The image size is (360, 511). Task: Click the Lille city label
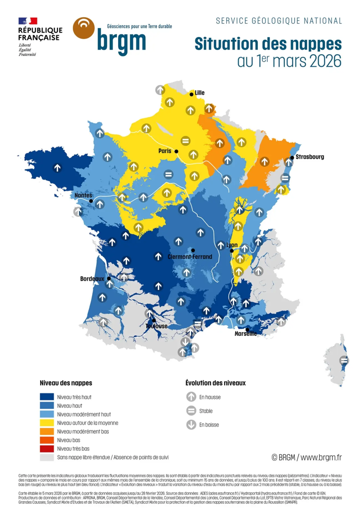click(x=199, y=92)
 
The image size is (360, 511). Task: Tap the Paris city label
click(x=165, y=150)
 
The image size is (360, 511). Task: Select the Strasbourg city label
click(x=309, y=157)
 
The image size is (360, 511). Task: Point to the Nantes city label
click(x=83, y=195)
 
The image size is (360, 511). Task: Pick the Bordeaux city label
click(x=92, y=279)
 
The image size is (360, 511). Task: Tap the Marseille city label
click(x=245, y=333)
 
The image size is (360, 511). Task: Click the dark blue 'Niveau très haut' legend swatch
click(x=47, y=397)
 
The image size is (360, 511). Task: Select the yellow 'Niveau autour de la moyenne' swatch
click(x=47, y=423)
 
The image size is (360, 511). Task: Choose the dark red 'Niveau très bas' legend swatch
click(x=47, y=449)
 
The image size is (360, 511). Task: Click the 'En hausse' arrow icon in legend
click(x=191, y=397)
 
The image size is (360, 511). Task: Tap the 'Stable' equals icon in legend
click(x=191, y=410)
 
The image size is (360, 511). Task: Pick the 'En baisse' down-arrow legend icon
click(x=191, y=424)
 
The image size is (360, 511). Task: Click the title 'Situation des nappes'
click(x=268, y=44)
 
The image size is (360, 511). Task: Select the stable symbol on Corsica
click(x=344, y=360)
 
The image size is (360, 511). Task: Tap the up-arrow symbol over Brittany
click(x=57, y=168)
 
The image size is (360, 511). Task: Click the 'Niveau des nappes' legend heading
click(x=66, y=382)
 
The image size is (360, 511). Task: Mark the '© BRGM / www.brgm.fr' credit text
click(x=306, y=457)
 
